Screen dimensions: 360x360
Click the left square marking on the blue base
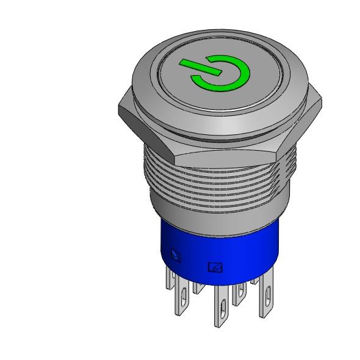coord(176,255)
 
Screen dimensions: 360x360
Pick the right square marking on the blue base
coord(214,267)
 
